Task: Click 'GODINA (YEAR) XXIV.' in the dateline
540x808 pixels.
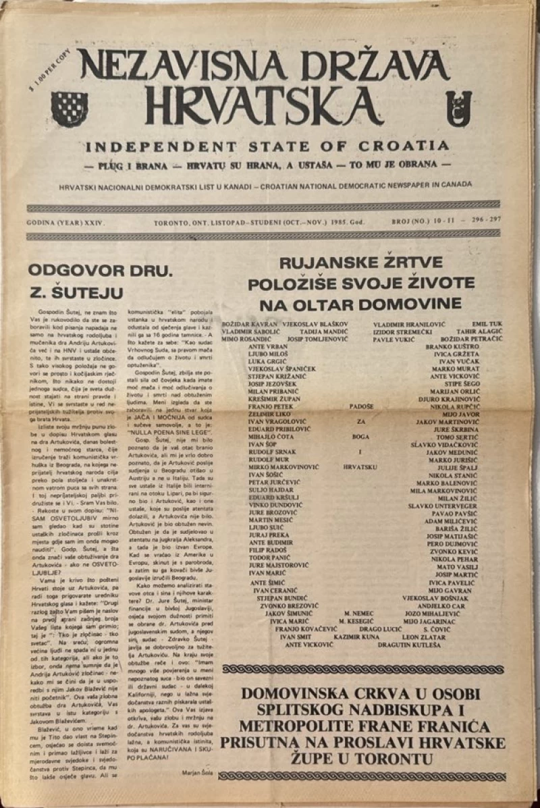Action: pos(65,221)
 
